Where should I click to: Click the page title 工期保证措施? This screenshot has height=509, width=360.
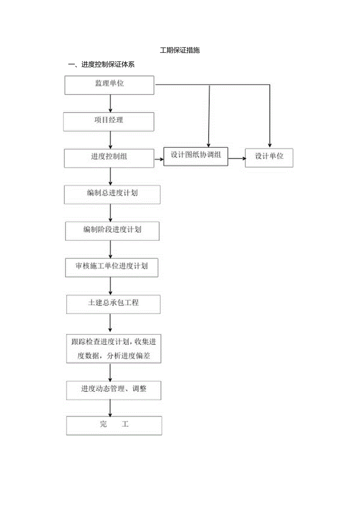[x=180, y=50]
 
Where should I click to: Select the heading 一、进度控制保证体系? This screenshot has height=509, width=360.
[x=101, y=65]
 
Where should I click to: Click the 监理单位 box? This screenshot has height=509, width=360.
[x=109, y=85]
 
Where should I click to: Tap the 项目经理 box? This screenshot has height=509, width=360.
[x=109, y=122]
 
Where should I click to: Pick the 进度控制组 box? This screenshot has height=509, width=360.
[x=109, y=158]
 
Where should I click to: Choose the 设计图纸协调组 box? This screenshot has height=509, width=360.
[x=196, y=156]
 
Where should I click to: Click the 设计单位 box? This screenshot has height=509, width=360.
[x=269, y=158]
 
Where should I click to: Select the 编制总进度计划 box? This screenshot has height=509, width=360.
[x=112, y=194]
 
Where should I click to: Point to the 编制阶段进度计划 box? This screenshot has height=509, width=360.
[x=112, y=231]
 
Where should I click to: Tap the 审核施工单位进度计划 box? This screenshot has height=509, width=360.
[x=112, y=267]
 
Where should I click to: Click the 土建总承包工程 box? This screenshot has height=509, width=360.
[x=113, y=304]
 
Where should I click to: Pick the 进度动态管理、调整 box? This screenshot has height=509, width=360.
[x=113, y=390]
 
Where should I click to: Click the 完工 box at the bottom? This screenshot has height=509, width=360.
[x=114, y=426]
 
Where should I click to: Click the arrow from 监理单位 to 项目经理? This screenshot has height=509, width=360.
[x=111, y=103]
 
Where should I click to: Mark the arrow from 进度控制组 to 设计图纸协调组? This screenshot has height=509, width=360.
[x=158, y=159]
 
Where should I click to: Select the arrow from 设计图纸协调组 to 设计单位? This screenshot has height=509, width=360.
[x=236, y=158]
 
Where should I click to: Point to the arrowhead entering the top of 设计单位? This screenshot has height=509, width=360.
[x=269, y=145]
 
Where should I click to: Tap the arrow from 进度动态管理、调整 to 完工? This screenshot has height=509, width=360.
[x=111, y=408]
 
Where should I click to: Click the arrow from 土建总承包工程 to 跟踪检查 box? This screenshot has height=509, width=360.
[x=110, y=323]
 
